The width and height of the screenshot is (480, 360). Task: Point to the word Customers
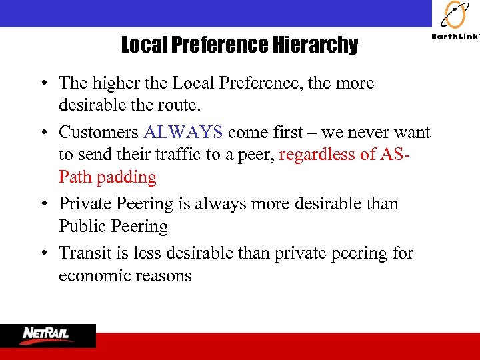pyautogui.click(x=98, y=133)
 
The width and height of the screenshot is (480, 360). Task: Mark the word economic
pyautogui.click(x=94, y=275)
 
